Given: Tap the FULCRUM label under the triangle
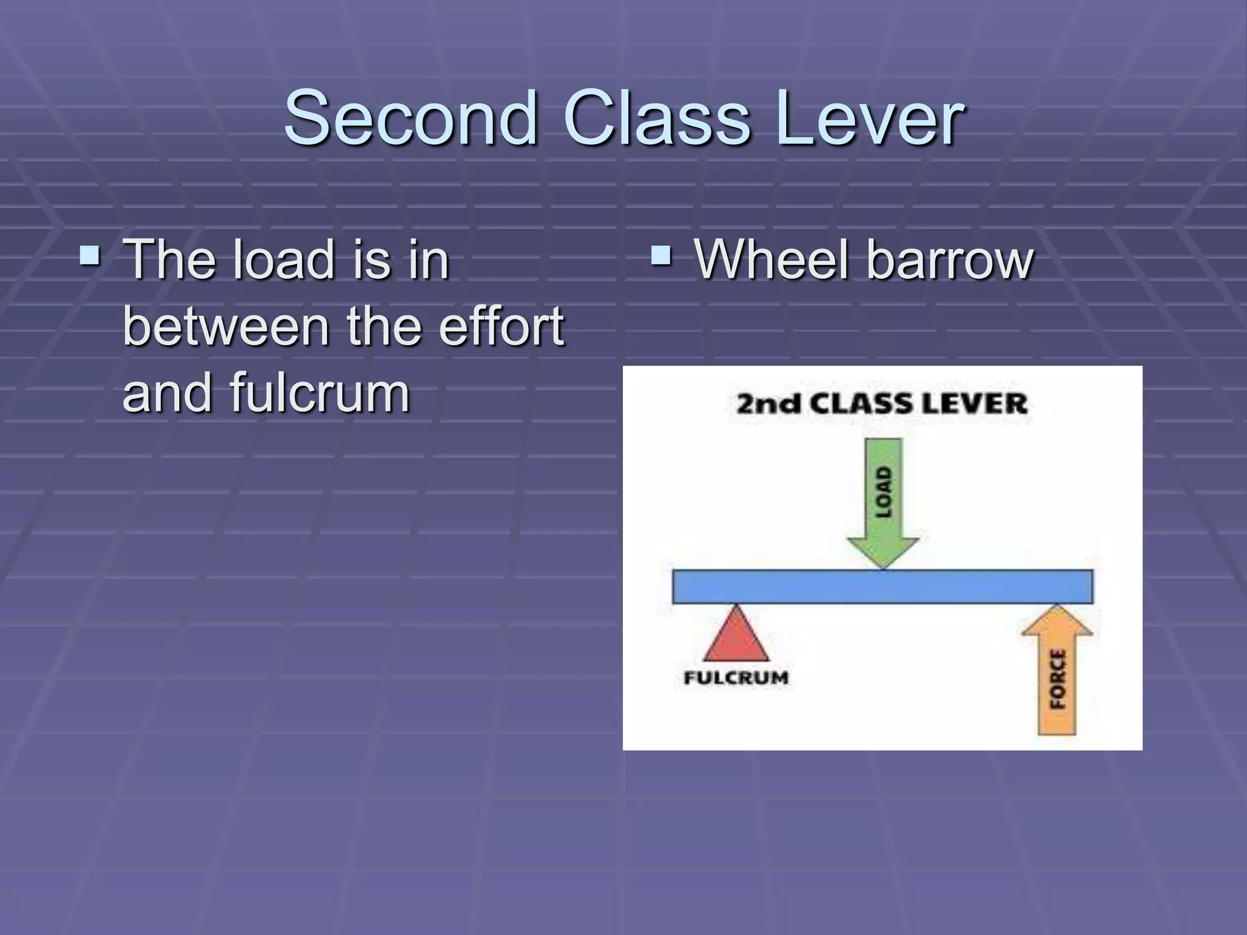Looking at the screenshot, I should pos(736,678).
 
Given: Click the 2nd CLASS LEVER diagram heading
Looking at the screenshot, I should pos(882,404).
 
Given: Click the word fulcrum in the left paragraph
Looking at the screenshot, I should pos(319,393).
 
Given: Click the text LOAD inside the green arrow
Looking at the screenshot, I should pos(883,492).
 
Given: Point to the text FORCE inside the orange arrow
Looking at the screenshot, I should pos(1058,679).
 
